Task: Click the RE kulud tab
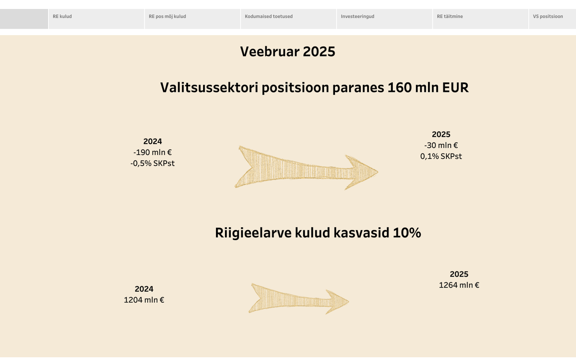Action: [96, 18]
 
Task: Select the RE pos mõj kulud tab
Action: [192, 18]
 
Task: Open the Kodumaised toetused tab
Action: [288, 18]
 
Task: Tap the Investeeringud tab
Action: [384, 18]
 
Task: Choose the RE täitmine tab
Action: [481, 18]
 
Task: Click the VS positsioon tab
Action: [552, 18]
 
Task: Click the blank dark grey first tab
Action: [24, 19]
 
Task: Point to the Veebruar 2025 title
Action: [288, 52]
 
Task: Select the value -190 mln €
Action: [153, 153]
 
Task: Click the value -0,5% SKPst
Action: [153, 164]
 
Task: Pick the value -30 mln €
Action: [441, 146]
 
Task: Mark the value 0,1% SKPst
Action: [441, 157]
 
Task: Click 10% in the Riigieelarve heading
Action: [407, 233]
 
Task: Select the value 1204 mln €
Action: [144, 300]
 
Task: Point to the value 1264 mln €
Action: [459, 285]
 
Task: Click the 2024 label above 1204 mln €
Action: [144, 289]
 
